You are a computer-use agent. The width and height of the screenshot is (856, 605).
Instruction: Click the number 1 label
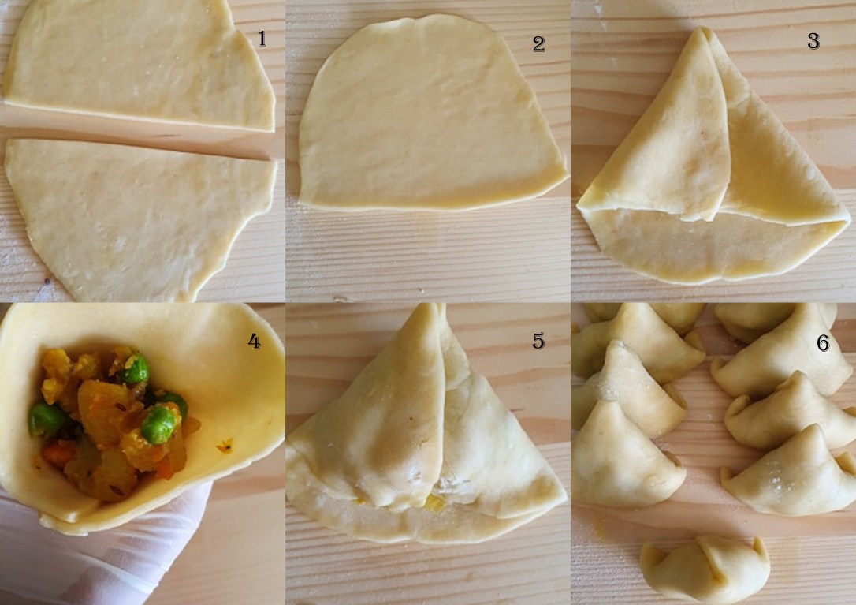tap(262, 39)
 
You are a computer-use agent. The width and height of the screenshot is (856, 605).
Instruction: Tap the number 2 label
tap(538, 44)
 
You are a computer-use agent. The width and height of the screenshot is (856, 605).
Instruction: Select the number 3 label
tap(813, 42)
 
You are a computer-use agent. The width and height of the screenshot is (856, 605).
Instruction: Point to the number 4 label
tap(254, 342)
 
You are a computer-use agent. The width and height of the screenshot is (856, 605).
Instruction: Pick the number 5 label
tap(538, 341)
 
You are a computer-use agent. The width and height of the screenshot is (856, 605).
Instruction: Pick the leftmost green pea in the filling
tap(46, 419)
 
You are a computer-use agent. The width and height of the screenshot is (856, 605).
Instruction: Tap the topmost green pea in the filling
tap(135, 368)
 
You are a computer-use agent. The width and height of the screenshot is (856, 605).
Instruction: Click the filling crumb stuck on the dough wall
tap(225, 446)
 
